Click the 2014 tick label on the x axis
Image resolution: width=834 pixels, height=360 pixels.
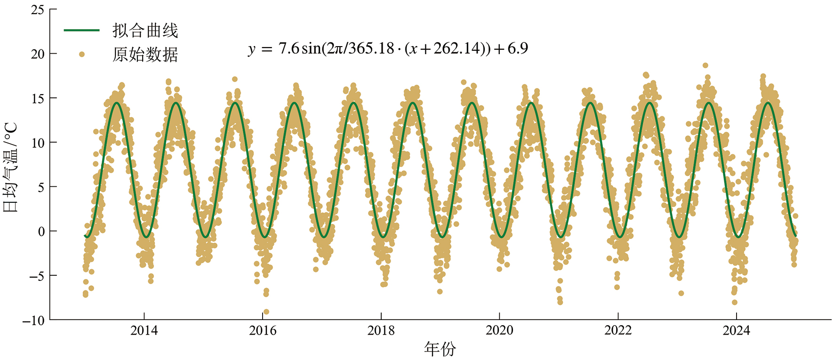pos(144,330)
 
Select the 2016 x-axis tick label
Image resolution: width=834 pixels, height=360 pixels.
pos(263,330)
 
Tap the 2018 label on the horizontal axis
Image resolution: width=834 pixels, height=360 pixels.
pos(381,330)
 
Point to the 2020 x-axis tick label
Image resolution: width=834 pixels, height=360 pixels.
pos(499,330)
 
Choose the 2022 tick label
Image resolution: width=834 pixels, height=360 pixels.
pos(618,330)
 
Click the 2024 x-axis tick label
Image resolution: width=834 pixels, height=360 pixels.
pos(737,330)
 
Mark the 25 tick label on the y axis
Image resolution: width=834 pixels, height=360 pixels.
pos(38,9)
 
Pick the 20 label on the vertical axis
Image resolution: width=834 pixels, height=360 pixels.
pos(38,54)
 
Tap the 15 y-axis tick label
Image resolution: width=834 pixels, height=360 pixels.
pos(38,98)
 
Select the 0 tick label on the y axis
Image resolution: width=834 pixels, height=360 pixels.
pos(41,232)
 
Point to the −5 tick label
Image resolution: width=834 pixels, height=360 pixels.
pos(36,276)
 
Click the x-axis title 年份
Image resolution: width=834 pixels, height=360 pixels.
pos(440,349)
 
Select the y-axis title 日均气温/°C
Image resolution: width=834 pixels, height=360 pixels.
pos(10,168)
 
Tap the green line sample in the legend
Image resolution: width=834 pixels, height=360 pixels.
pos(82,30)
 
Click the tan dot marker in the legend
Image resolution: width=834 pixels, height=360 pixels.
pos(82,55)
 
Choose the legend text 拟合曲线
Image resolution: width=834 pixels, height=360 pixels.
pos(145,31)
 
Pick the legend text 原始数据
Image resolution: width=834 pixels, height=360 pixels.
pos(145,55)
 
